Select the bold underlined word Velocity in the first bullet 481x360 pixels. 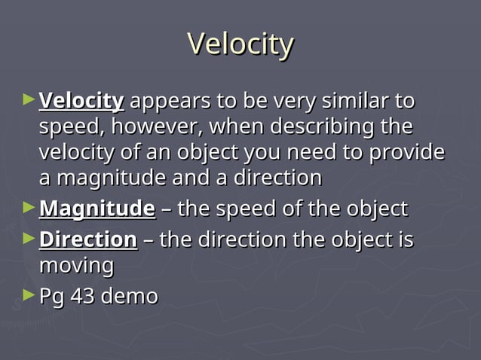[81, 100]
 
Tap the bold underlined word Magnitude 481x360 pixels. [97, 208]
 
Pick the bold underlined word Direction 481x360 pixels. [87, 239]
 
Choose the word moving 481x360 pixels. [76, 266]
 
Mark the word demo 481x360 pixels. [129, 296]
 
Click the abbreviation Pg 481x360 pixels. [51, 297]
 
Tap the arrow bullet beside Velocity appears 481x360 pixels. [29, 99]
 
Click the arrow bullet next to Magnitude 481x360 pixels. [29, 206]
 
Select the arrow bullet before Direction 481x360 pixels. [29, 238]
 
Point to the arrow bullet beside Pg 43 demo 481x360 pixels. [29, 294]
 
